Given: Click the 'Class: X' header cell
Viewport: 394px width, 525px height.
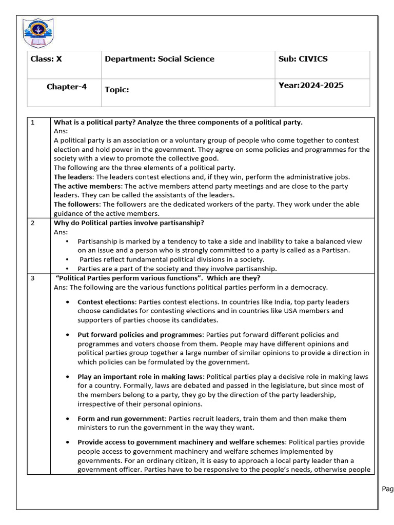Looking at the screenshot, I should click(46, 59).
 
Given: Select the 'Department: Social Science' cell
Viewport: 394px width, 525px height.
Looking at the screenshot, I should click(160, 59).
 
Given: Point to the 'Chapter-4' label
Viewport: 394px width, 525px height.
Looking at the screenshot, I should click(67, 87).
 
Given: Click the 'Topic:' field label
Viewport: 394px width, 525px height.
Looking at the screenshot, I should click(117, 90).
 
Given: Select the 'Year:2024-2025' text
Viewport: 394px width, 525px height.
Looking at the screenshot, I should click(311, 86).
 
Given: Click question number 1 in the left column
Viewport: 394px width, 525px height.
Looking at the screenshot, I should click(33, 123).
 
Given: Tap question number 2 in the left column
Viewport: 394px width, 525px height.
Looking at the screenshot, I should click(33, 223).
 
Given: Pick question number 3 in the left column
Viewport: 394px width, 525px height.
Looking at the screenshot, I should click(33, 278).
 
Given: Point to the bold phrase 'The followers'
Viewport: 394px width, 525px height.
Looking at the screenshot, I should click(75, 204).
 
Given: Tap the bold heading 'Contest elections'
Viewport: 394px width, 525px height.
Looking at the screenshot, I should click(106, 302).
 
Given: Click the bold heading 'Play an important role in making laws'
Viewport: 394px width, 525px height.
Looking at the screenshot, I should click(141, 377).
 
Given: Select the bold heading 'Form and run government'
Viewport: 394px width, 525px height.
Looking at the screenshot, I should click(122, 419).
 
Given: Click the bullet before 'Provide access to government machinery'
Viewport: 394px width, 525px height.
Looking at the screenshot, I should click(68, 442).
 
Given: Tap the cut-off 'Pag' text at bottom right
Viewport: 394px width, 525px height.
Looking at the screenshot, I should click(387, 489).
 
